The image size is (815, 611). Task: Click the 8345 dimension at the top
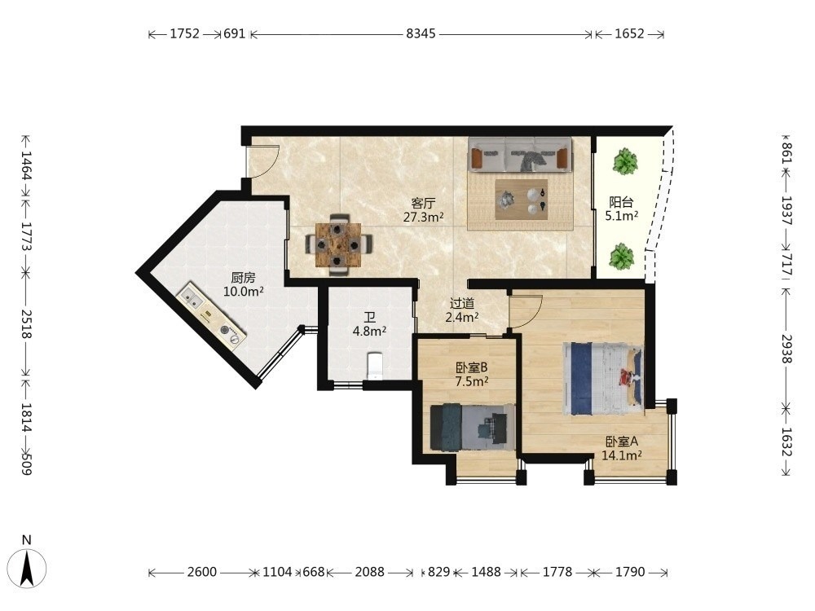tap(421, 33)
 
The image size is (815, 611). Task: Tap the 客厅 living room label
tap(422, 203)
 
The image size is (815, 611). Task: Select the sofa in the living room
tap(520, 154)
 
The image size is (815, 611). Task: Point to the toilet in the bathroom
tap(375, 366)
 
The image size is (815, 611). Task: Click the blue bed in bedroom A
tap(603, 378)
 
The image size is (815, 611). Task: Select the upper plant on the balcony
tap(625, 161)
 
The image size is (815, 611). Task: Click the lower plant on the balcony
tap(621, 257)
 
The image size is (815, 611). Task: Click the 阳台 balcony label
tap(621, 201)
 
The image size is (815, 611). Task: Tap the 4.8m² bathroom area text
tap(369, 331)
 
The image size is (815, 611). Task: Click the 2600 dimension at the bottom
tap(201, 572)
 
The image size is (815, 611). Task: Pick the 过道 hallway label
tap(462, 303)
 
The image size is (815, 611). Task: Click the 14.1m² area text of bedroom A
tap(622, 455)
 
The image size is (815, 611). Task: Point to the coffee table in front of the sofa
tap(522, 200)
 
